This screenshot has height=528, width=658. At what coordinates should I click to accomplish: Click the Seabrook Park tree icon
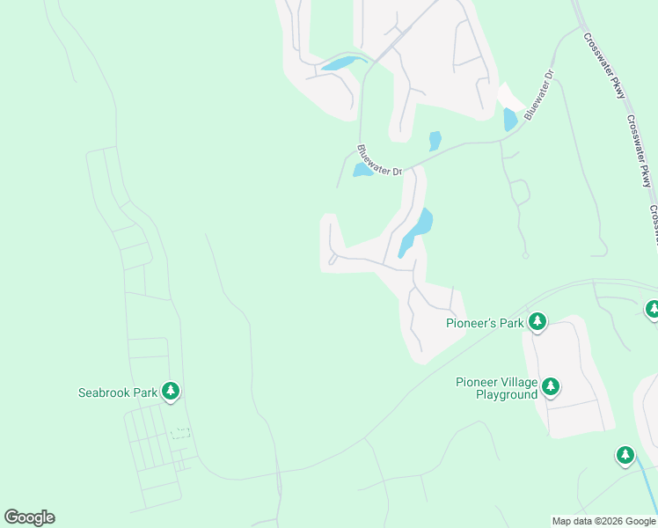click(x=171, y=392)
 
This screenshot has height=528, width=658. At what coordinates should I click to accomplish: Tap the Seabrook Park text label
click(x=118, y=392)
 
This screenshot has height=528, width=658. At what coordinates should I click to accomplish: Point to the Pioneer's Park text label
click(x=485, y=324)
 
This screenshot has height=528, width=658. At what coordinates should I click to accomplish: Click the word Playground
click(x=507, y=395)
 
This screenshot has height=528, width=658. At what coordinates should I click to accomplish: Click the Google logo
click(x=29, y=517)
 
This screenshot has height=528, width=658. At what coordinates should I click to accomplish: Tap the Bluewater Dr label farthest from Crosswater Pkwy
click(x=379, y=160)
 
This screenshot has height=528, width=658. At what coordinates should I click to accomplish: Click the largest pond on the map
click(x=414, y=231)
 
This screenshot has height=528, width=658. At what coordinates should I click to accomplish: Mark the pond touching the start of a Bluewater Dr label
click(x=362, y=170)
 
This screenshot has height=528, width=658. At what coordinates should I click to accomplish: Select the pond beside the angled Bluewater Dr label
click(x=510, y=119)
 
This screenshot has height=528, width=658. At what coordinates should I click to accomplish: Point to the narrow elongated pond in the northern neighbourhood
click(x=342, y=62)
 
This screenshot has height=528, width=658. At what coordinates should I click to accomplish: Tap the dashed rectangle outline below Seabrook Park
click(x=180, y=433)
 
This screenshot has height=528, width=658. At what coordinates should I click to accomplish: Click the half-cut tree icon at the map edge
click(x=652, y=309)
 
